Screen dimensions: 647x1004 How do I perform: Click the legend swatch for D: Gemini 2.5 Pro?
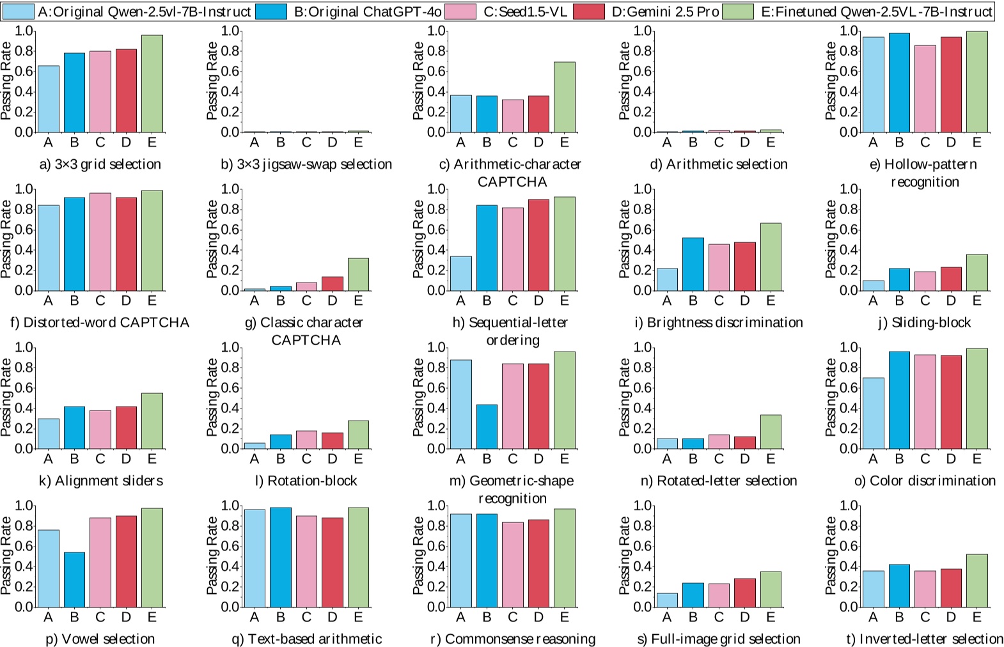pos(588,12)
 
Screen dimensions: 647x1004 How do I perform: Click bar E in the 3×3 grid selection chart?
pos(152,84)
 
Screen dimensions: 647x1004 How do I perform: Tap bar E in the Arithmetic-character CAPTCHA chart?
pos(564,97)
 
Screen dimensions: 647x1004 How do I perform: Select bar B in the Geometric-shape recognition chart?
pos(487,426)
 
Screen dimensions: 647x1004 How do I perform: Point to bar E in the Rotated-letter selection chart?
pos(771,432)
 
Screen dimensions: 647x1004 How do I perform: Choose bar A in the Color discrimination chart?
pos(873,413)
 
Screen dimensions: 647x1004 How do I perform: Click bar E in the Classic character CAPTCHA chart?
pos(358,274)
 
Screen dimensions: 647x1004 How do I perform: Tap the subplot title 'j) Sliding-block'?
pos(924,322)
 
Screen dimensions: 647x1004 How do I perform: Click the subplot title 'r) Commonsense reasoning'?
pos(514,639)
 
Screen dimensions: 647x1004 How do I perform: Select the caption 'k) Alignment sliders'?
pos(101,481)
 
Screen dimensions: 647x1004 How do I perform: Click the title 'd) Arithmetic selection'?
pos(719,164)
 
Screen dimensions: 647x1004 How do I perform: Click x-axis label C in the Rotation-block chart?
pos(306,459)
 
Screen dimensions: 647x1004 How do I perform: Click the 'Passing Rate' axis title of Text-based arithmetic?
pos(212,556)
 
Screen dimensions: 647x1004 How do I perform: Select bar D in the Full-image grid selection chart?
pos(745,593)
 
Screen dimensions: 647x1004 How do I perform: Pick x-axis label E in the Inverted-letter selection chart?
pos(977,617)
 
